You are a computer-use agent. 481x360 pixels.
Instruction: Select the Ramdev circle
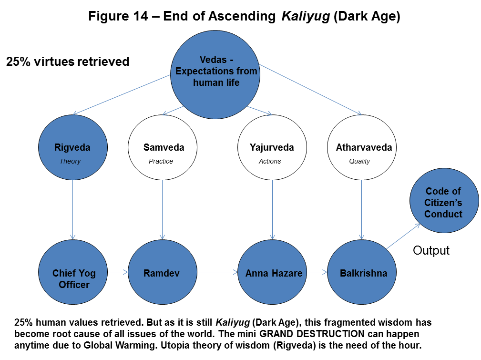(163, 273)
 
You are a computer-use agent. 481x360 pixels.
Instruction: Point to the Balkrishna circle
(361, 273)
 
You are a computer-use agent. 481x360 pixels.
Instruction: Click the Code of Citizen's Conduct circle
(444, 202)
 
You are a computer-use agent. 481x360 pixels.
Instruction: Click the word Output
(431, 250)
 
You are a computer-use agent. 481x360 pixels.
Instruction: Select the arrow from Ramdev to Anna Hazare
(217, 273)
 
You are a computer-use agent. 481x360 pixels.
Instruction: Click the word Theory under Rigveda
(70, 161)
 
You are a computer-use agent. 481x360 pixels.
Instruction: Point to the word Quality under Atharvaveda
(359, 161)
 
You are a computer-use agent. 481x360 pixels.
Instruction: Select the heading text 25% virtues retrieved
(68, 62)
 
